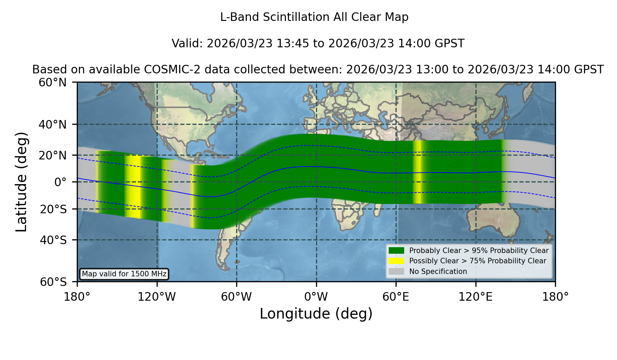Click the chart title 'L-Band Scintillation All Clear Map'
click(314, 17)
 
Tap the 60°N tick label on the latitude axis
click(52, 82)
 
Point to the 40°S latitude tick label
click(53, 240)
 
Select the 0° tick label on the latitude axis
click(60, 182)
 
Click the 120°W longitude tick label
click(157, 297)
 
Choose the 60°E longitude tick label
click(396, 297)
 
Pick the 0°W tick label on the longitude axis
click(316, 297)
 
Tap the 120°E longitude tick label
click(476, 297)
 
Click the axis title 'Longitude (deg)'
click(316, 314)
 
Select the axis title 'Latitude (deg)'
click(21, 182)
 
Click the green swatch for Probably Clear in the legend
click(396, 250)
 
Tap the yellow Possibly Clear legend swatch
click(396, 261)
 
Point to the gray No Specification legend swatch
click(396, 272)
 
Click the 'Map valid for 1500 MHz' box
click(124, 274)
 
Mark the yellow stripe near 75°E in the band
click(417, 172)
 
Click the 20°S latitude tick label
click(53, 209)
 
